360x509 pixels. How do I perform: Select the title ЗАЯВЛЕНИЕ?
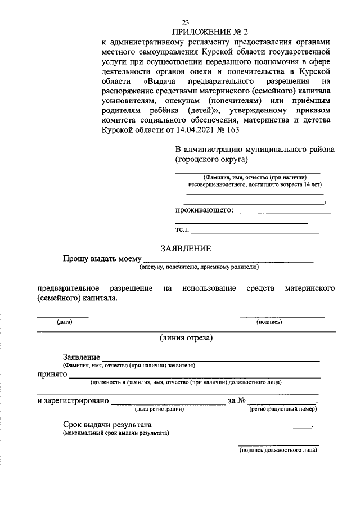pos(186,248)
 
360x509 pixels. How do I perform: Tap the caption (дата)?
pos(64,322)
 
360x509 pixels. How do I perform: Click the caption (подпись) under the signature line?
pos(269,322)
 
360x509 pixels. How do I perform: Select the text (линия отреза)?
pos(186,338)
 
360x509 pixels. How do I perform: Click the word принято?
pos(52,375)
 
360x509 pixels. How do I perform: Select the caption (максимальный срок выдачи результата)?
pos(115,434)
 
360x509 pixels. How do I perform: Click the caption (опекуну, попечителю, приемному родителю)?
pos(199,267)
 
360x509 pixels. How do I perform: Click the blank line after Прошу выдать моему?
pos(228,260)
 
